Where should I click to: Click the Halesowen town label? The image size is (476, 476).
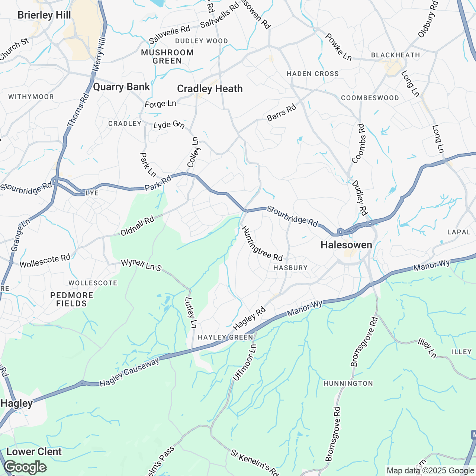[346, 245]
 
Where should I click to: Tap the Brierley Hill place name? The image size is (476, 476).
[44, 15]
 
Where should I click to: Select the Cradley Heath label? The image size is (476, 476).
[210, 89]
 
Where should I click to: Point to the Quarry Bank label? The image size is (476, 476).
[121, 87]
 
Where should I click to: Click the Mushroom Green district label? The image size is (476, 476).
[167, 57]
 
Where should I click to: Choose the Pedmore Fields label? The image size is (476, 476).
[71, 299]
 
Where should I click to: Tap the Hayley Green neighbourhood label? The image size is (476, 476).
[225, 337]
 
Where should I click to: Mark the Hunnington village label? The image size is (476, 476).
[348, 383]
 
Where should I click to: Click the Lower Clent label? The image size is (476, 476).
[34, 452]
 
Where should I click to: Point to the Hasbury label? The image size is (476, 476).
[290, 268]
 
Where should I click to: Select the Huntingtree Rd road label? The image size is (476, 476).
[262, 244]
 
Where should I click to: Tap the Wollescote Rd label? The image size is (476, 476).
[45, 261]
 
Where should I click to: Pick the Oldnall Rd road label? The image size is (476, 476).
[137, 226]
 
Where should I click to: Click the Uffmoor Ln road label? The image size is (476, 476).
[244, 363]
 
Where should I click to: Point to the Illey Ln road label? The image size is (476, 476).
[427, 348]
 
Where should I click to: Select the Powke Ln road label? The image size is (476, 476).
[338, 47]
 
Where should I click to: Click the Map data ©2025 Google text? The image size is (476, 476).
[430, 471]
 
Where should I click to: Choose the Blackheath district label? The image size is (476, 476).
[395, 55]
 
